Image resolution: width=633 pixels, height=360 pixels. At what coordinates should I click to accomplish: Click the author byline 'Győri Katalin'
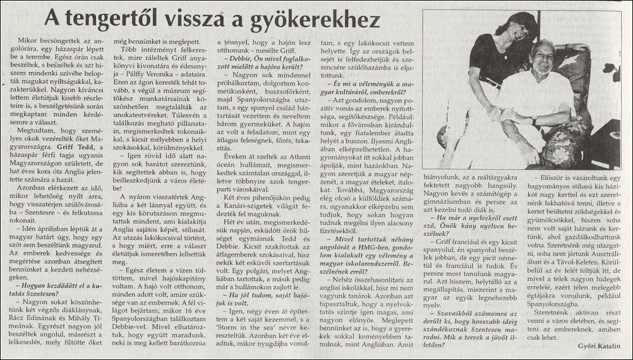click(x=595, y=344)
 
